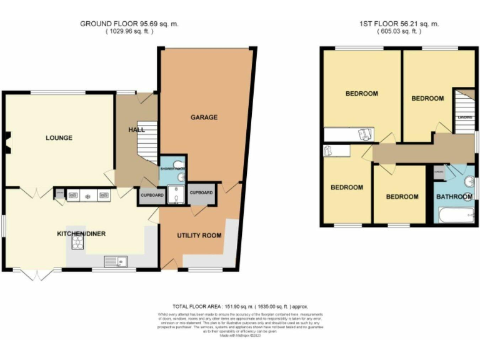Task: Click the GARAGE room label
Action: [204, 117]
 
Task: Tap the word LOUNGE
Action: [58, 138]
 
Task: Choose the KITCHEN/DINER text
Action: [81, 234]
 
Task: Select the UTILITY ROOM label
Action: [199, 236]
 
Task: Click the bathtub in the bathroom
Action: [455, 216]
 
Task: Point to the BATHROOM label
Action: [454, 197]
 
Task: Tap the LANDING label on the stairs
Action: [464, 117]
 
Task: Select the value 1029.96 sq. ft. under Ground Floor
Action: [129, 32]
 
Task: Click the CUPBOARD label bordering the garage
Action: [201, 193]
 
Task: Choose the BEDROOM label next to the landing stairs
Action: [427, 99]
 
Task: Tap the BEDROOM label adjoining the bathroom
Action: [402, 197]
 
